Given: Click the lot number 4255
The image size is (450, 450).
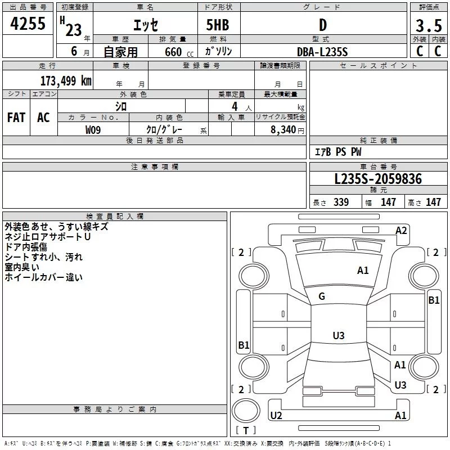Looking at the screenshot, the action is pos(28,24).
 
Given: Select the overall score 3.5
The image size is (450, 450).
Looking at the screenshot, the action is pos(427,26).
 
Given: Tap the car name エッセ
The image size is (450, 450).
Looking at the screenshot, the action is pos(145,25).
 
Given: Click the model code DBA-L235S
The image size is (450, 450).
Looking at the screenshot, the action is pos(322,51).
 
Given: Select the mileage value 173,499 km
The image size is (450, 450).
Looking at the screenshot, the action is pos(66,80).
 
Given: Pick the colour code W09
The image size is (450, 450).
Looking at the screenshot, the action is pos(93,129).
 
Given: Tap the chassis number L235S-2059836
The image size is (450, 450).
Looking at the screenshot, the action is pos(377,179).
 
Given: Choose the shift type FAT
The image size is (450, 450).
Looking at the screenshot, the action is pos(16,118).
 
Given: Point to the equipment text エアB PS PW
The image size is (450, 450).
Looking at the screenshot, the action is pos(337,152).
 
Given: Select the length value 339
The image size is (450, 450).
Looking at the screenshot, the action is pos(340,202).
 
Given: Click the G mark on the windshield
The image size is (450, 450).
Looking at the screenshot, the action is pos(322,296).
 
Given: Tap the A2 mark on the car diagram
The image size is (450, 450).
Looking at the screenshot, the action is pos(401,230).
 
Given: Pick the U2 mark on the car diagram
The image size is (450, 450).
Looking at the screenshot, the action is pos(276,415).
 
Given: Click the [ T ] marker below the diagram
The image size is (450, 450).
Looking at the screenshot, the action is pos(245,430).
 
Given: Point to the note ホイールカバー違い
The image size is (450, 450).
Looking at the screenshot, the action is pos(43,277).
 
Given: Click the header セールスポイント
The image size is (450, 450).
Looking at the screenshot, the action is pos(379,66).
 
